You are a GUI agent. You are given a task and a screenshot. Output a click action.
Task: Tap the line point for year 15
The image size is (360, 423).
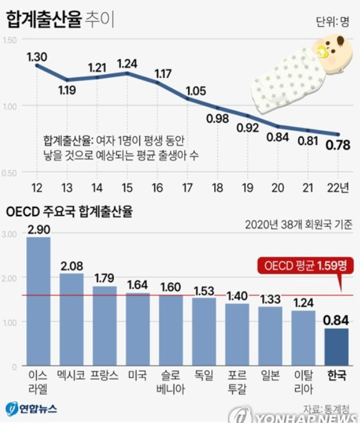[128, 73]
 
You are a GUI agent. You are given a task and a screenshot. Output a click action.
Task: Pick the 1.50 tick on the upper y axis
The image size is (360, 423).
[9, 40]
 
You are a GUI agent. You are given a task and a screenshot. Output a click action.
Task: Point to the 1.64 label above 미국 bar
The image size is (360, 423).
[138, 285]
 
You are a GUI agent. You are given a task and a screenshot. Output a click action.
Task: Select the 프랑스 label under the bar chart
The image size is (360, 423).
[105, 376]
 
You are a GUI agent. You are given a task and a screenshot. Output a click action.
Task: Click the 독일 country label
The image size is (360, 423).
[204, 376]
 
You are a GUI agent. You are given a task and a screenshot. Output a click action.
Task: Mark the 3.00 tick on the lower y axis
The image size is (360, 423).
[9, 234]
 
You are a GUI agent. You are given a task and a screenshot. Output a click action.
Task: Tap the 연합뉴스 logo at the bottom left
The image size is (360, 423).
[32, 409]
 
